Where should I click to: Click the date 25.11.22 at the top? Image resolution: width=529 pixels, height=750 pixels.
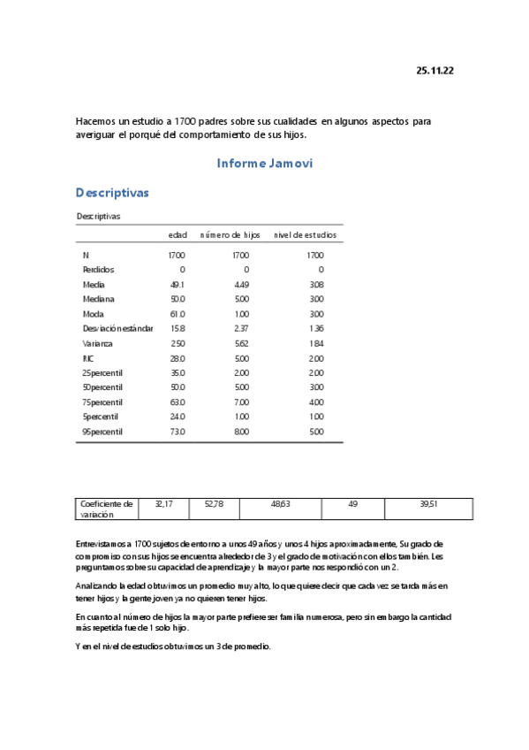point(435,71)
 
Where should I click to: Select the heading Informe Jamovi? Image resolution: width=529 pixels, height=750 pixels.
point(264,164)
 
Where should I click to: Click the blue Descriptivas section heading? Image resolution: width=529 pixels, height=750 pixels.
point(112,193)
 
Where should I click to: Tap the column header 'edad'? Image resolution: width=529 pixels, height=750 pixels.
point(178,234)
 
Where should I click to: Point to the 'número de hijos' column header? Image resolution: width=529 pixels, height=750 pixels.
point(230,234)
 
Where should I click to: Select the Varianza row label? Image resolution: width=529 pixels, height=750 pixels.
point(96,343)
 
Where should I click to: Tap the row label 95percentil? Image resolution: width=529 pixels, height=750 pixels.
point(102,432)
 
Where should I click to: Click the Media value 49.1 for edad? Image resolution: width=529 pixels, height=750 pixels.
point(177,285)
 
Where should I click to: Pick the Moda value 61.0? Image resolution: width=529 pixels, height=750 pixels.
point(177,314)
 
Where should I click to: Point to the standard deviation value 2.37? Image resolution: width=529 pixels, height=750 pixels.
point(240,329)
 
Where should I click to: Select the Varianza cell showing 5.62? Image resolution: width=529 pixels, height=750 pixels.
point(240,343)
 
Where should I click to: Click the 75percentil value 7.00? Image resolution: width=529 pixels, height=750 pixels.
point(240,402)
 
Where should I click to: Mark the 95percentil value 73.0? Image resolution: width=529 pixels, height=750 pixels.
point(177,432)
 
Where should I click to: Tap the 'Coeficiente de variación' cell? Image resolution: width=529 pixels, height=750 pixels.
point(106,509)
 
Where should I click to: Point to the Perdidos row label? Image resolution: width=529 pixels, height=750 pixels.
point(97,270)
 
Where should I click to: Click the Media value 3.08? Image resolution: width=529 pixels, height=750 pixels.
point(316,285)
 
